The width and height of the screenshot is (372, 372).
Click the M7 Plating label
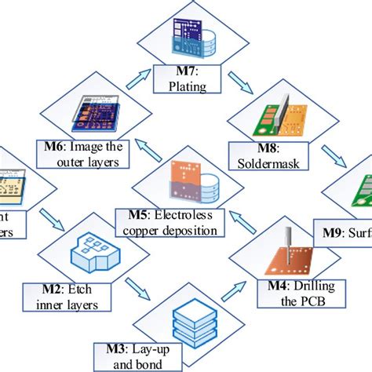[186, 80]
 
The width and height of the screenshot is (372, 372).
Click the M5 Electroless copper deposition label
[175, 221]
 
